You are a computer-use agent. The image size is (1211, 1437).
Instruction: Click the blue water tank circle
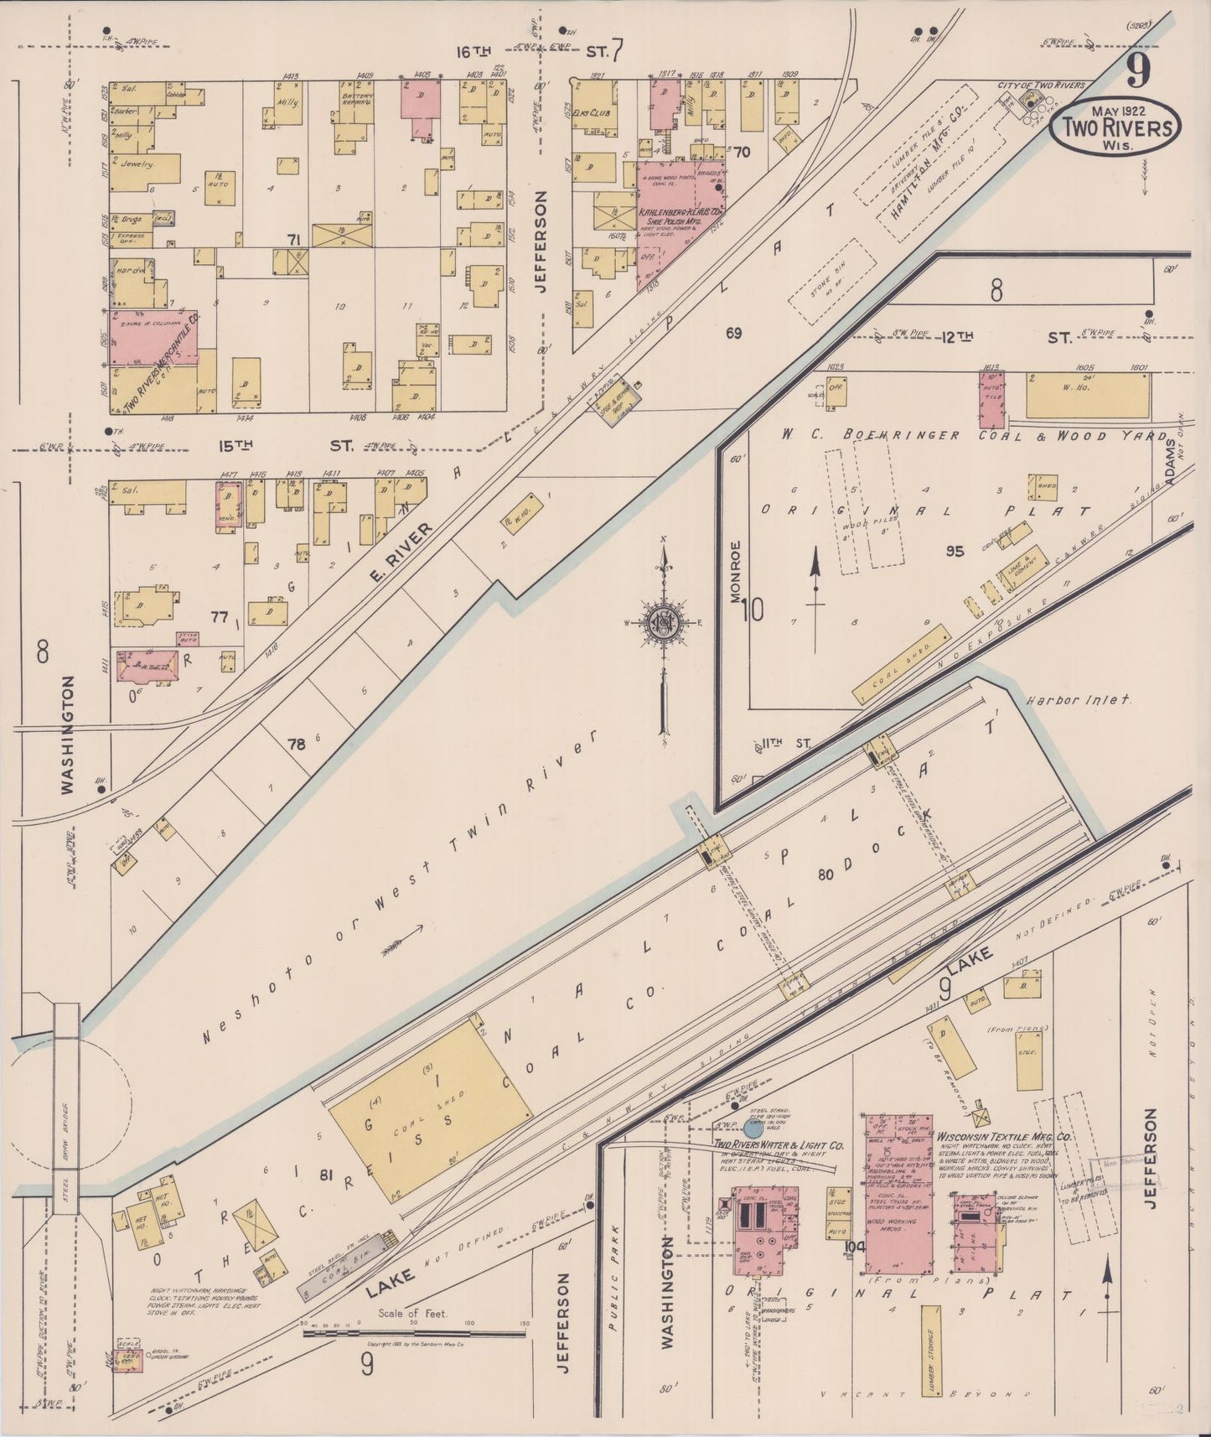(x=753, y=1128)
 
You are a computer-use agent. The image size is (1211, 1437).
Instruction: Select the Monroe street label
(x=735, y=572)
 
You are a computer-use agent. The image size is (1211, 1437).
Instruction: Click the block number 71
(x=293, y=241)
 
